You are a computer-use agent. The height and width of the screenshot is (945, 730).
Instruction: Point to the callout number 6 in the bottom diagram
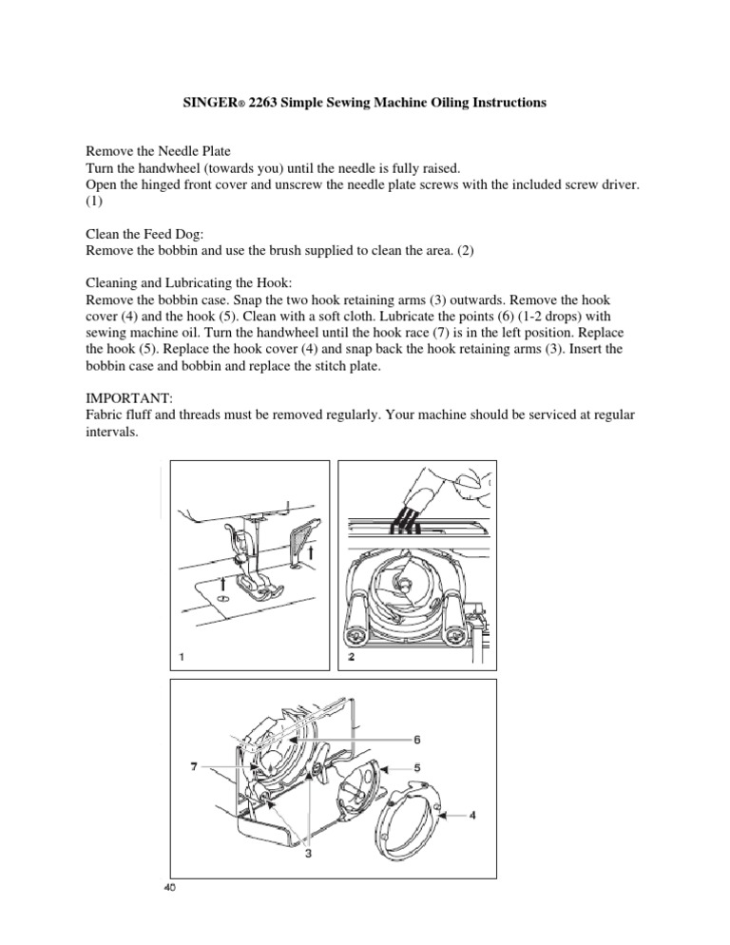click(x=416, y=739)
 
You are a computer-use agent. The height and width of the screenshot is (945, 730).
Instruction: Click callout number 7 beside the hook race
click(x=194, y=765)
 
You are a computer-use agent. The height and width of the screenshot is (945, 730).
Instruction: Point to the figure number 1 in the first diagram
click(x=180, y=655)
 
